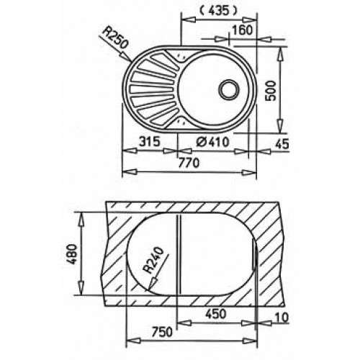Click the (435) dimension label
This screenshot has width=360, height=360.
[218, 11]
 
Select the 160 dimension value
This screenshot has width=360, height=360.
[243, 30]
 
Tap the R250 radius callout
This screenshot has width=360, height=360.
[112, 37]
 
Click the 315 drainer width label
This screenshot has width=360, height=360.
[150, 142]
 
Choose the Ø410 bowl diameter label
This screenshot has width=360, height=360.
[212, 142]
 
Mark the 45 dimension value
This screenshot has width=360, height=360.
[282, 144]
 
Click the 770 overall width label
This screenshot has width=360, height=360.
[189, 163]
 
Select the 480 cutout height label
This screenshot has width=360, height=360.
[72, 254]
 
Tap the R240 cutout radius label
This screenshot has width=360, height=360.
[153, 261]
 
